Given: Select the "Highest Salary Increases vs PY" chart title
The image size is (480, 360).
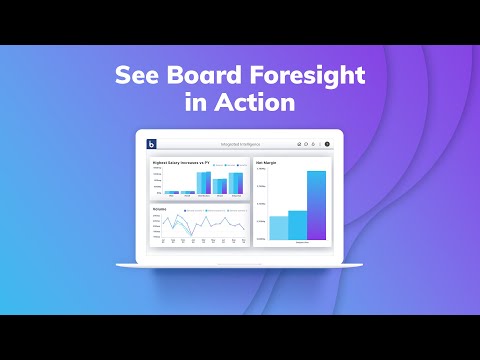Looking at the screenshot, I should [x=180, y=161].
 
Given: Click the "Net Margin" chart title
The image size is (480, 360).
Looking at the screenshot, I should [x=266, y=161].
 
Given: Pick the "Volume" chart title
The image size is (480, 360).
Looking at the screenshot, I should [x=160, y=209].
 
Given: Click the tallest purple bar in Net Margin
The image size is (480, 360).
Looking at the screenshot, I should [x=316, y=205].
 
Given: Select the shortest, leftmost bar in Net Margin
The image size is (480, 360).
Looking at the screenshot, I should [x=278, y=227].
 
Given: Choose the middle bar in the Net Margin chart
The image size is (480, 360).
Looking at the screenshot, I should [x=297, y=225].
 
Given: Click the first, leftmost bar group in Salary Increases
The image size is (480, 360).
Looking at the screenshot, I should [x=171, y=191].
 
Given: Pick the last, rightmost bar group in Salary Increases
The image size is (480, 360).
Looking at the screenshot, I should [x=236, y=182].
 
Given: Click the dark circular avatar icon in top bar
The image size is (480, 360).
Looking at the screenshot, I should [x=327, y=144].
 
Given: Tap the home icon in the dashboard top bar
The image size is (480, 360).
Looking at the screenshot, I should [x=299, y=144].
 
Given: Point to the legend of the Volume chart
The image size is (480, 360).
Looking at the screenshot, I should [x=212, y=212].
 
